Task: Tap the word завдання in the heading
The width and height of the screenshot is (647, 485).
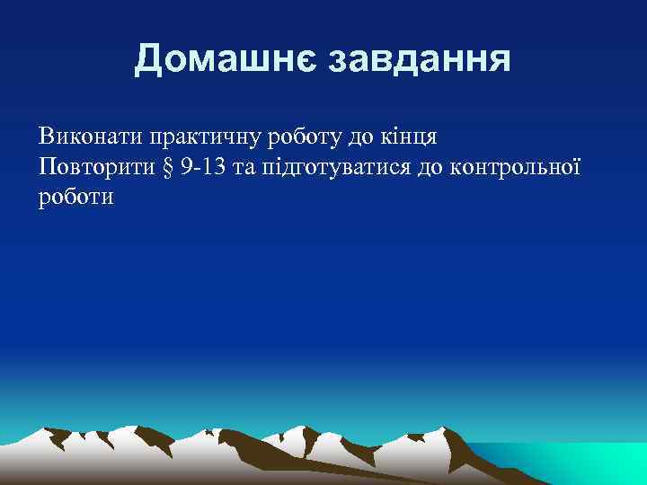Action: [421, 60]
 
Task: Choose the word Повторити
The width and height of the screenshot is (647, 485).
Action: [92, 167]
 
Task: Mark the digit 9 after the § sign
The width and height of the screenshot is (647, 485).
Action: [184, 167]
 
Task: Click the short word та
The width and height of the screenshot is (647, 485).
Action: [245, 168]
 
